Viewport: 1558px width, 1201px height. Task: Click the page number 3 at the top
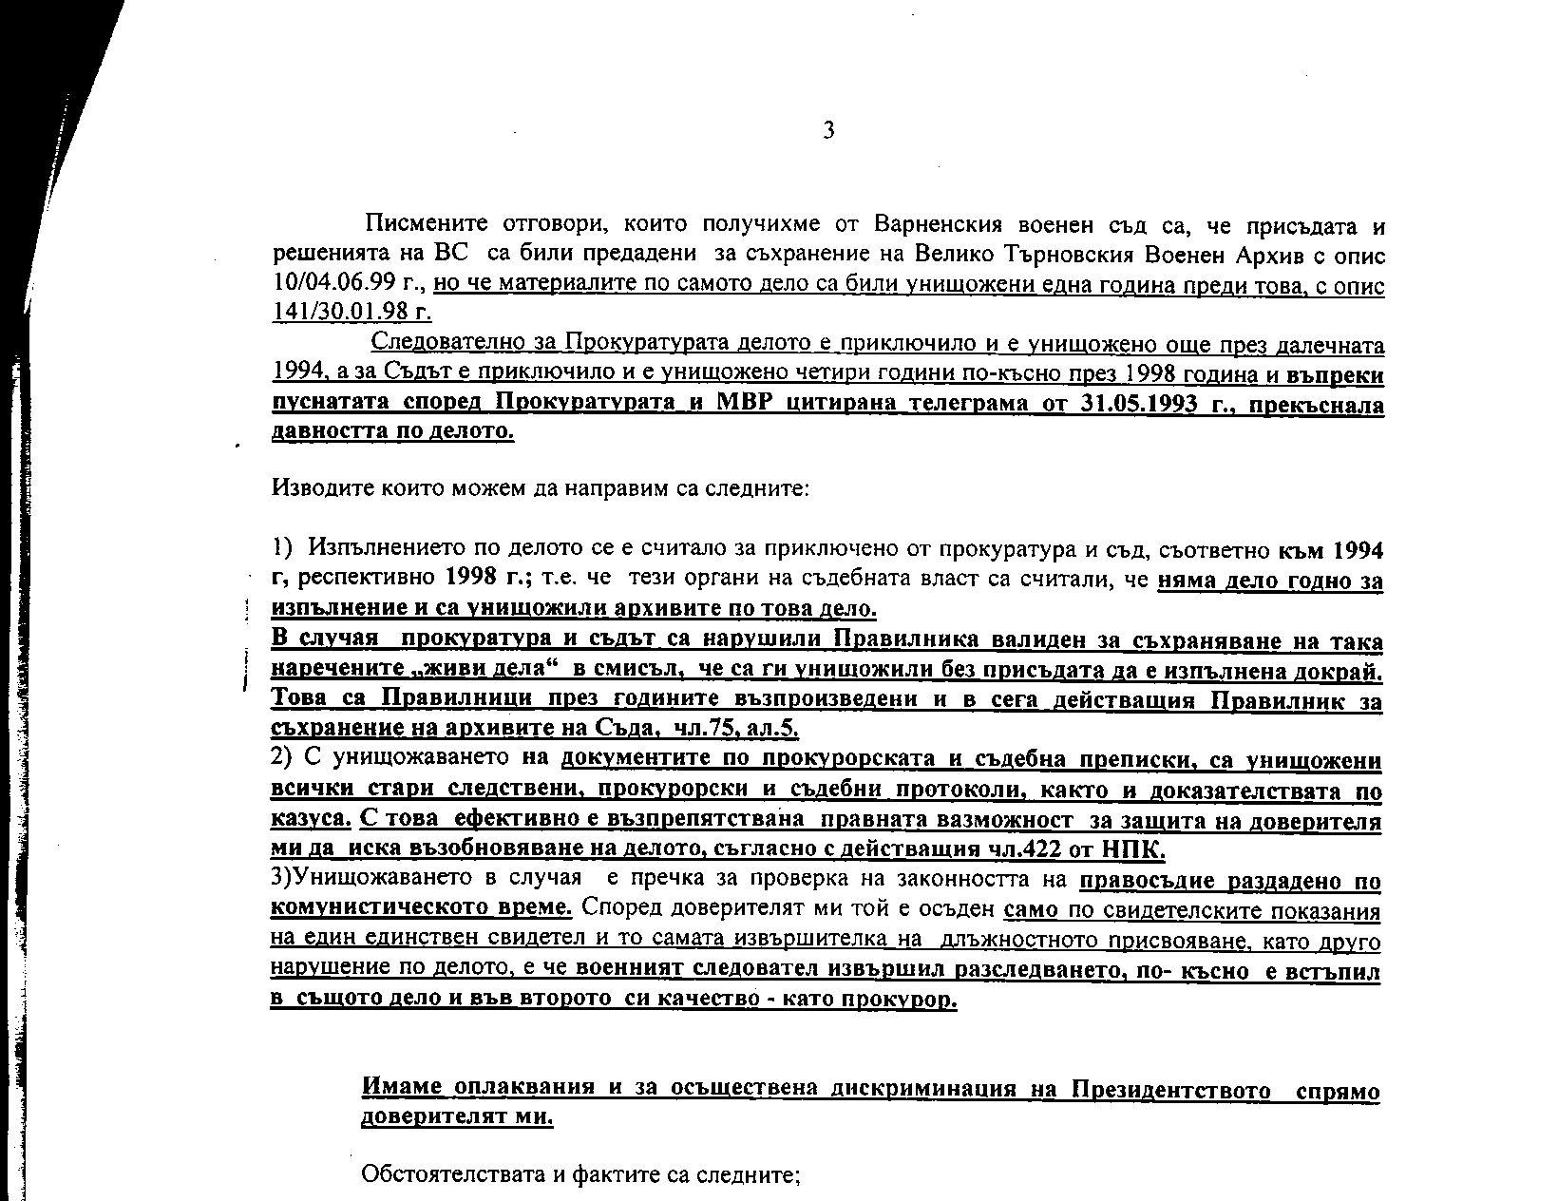pos(828,130)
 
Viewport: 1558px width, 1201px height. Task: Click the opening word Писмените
pos(427,225)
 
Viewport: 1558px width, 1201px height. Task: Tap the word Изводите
pos(313,489)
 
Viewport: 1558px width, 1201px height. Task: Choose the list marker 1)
pos(282,548)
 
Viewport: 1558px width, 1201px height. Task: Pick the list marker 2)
pos(281,758)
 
